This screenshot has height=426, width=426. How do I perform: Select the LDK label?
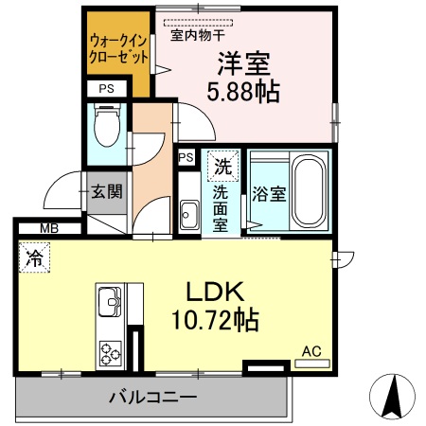[x=221, y=290]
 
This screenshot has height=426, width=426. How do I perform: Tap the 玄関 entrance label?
[x=106, y=191]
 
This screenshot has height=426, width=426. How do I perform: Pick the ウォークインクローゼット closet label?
[x=118, y=48]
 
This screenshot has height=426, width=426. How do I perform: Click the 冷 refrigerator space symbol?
[x=35, y=256]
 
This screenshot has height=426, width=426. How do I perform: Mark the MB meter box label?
[x=47, y=228]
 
